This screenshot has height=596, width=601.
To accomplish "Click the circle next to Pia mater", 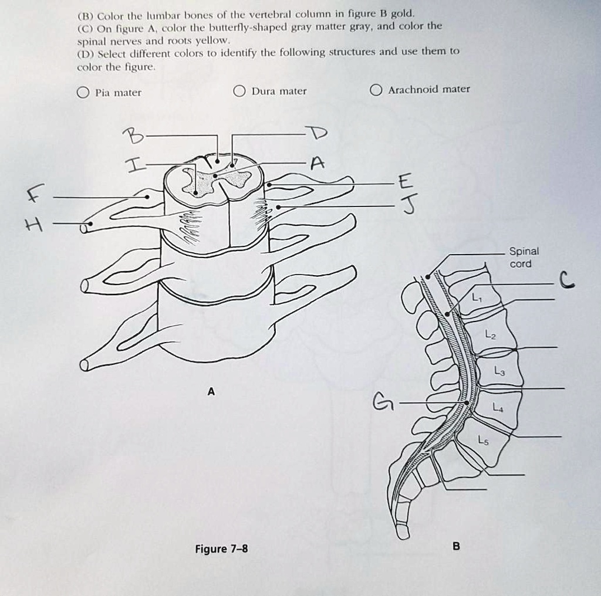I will coord(83,92).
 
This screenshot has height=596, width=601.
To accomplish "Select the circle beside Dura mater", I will coord(239,91).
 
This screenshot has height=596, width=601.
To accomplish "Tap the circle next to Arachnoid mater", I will coord(376,89).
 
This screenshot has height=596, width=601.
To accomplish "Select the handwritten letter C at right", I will coord(566,282).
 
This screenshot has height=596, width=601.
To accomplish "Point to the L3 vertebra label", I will coord(498,371).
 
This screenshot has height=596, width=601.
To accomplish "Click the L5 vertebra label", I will coord(483,439).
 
